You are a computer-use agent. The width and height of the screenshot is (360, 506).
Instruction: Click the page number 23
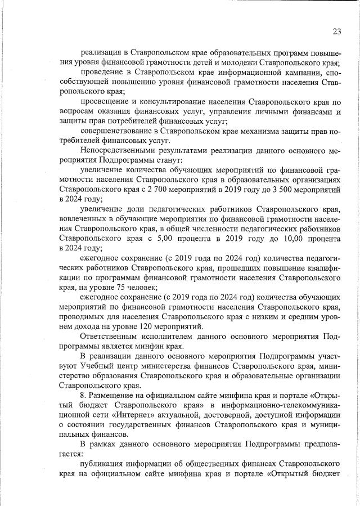coord(336,32)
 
